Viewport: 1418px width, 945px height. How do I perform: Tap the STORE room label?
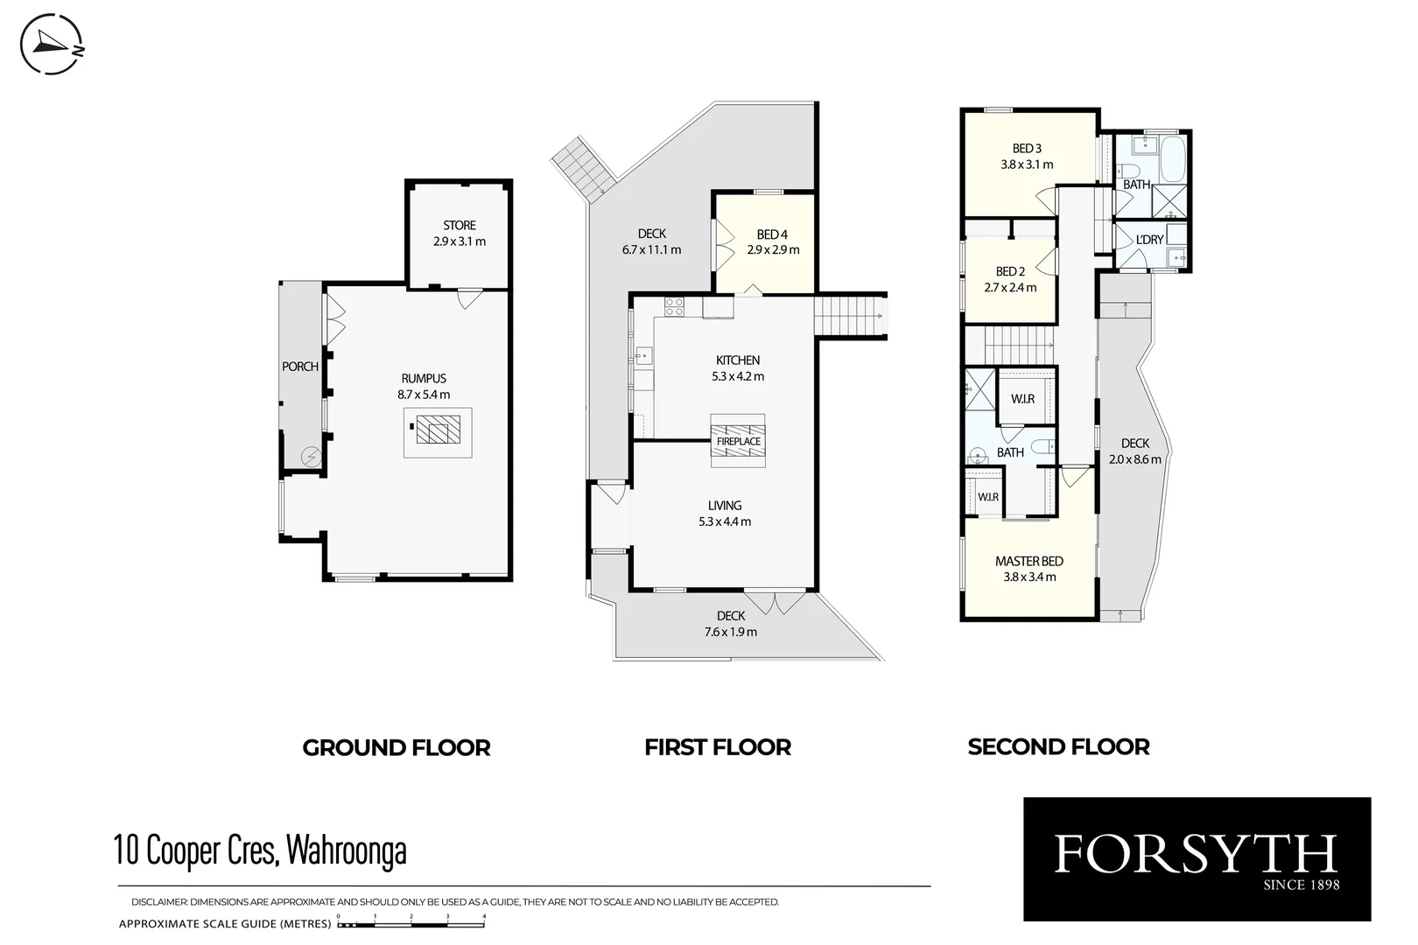tap(459, 225)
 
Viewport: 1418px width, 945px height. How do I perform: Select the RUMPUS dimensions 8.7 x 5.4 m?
tap(424, 395)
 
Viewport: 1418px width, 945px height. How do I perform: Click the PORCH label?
tap(300, 367)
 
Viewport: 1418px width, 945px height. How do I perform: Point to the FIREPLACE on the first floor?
tap(738, 440)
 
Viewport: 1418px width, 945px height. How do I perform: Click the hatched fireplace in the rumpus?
tap(438, 430)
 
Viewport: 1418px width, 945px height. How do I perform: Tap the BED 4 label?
tap(772, 234)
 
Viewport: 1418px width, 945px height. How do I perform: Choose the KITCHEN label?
tap(738, 360)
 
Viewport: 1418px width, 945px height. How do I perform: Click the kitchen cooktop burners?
tap(674, 306)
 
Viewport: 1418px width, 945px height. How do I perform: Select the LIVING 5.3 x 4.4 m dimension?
tap(725, 521)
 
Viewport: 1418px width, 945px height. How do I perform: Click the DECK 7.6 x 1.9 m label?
tap(731, 624)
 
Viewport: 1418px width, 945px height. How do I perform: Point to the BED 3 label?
tap(1027, 149)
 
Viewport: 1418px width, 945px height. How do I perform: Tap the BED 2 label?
tap(1010, 272)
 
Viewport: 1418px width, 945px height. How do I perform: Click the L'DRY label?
tap(1149, 240)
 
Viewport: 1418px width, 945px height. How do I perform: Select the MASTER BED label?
tap(1029, 562)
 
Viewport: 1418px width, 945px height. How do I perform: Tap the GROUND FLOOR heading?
tap(397, 747)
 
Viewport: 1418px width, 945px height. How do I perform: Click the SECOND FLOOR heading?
tap(1058, 746)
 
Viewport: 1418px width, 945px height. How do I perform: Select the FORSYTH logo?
tap(1197, 858)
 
